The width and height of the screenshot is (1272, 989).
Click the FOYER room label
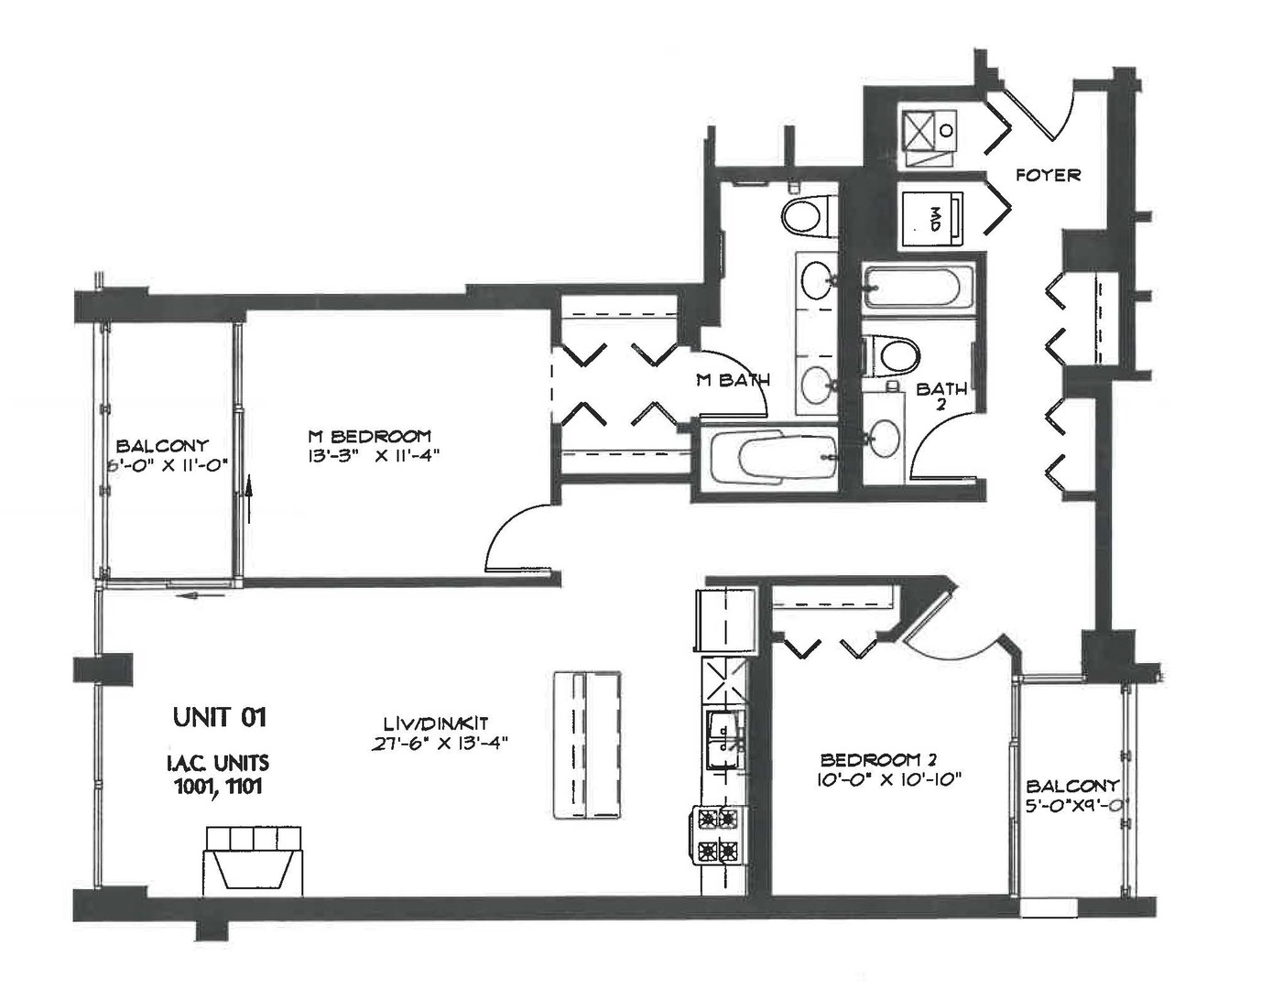click(1048, 174)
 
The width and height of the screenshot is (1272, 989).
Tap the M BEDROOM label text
click(368, 436)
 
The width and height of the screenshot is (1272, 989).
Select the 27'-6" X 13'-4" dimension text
click(440, 744)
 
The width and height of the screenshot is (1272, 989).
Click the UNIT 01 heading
click(219, 717)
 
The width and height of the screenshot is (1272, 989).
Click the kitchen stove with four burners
click(718, 835)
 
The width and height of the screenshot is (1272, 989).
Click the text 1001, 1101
click(218, 786)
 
